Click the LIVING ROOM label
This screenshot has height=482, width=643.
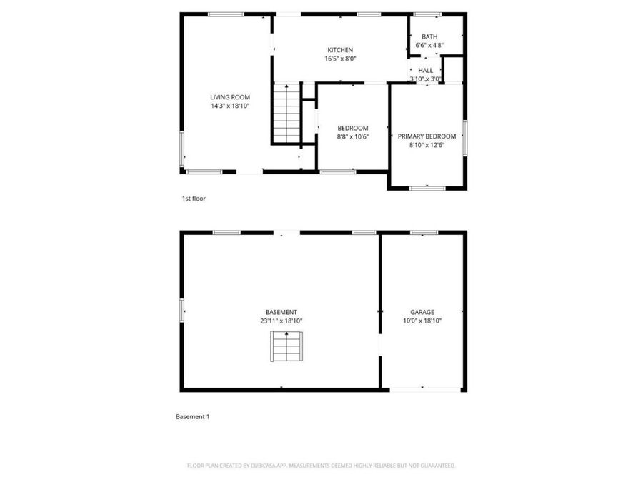230,97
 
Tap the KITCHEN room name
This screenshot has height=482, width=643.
340,50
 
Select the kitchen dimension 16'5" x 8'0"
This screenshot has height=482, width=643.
340,59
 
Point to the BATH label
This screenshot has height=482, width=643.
429,37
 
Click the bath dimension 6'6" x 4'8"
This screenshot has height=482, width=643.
429,46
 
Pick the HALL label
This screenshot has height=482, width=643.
426,71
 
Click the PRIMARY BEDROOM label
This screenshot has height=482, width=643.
427,136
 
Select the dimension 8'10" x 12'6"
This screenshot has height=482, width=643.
427,145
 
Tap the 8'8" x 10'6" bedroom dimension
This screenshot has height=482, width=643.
353,137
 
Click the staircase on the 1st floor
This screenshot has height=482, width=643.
287,113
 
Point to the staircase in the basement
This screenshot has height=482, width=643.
286,347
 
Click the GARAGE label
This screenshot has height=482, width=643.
422,312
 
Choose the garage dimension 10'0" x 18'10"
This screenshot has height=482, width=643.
422,321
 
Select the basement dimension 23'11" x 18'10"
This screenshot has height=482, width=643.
281,321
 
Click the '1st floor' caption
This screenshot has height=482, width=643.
194,199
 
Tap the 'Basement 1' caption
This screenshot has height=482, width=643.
193,417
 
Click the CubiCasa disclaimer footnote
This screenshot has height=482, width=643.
321,466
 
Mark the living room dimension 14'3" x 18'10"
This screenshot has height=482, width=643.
230,106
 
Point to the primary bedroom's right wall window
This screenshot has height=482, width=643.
465,138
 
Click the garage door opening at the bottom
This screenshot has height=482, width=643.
425,390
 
